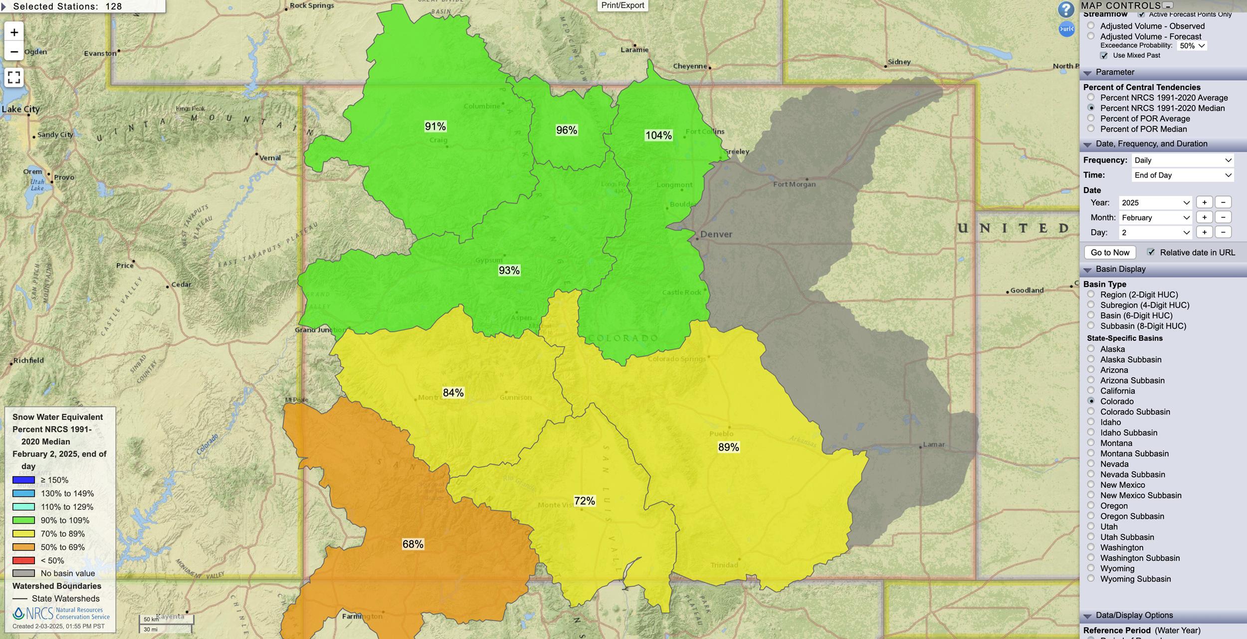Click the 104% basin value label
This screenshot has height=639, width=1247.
coord(658,135)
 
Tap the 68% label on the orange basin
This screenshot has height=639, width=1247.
coord(413,544)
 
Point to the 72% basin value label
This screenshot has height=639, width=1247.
coord(584,501)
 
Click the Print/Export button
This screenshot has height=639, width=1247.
coord(623,5)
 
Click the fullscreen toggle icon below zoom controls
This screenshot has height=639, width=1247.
coord(14,77)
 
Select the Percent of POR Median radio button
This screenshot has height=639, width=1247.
coord(1091,129)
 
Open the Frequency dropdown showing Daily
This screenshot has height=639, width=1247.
coord(1183,160)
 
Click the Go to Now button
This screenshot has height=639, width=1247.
coord(1110,252)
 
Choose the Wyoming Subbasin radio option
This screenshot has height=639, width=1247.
coord(1091,579)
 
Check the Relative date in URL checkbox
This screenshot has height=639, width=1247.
coord(1151,252)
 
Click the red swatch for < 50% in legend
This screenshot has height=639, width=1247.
coord(23,560)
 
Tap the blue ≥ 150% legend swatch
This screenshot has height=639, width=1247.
coord(23,480)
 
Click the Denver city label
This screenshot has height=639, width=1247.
coord(716,234)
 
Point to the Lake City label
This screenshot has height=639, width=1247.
coord(20,109)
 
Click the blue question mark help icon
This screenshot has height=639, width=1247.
coord(1066,9)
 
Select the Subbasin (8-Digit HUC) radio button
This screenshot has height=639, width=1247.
coord(1091,326)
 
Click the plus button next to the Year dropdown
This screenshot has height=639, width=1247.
coord(1204,203)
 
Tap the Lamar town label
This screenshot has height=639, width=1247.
coord(933,444)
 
